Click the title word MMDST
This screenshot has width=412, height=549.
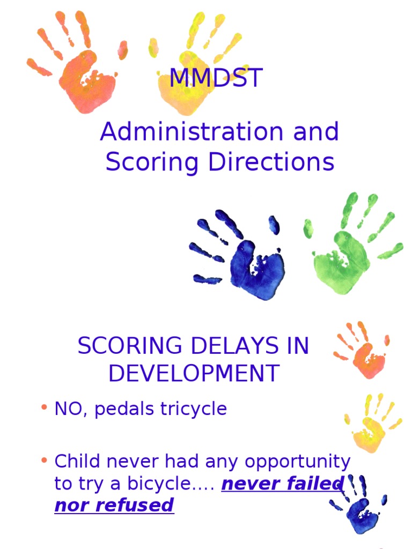tap(216, 78)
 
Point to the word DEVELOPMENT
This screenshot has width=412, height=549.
tap(194, 373)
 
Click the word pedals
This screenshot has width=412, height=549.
tap(126, 409)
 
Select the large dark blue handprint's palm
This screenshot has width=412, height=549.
tap(255, 268)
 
